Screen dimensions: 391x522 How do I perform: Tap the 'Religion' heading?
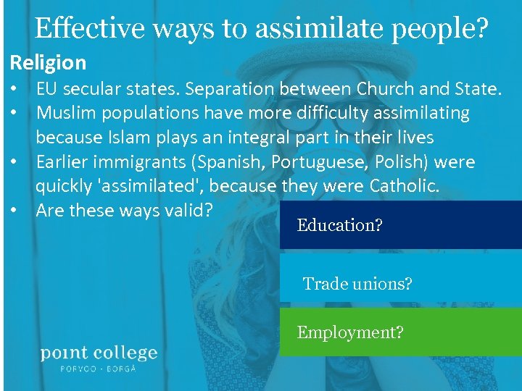[x=48, y=63]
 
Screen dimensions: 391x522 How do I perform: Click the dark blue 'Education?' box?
[x=400, y=225]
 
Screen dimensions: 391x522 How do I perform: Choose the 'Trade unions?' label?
[x=357, y=284]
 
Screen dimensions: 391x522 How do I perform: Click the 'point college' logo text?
[x=99, y=353]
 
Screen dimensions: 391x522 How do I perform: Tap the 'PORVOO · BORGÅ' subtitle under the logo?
[x=99, y=368]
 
